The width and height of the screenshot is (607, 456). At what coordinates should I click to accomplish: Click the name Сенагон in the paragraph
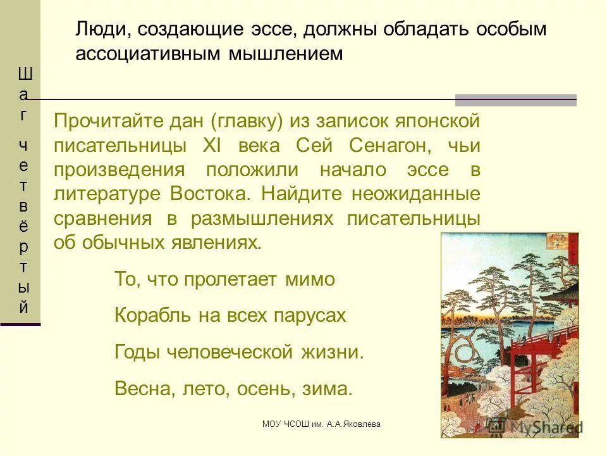tap(388, 145)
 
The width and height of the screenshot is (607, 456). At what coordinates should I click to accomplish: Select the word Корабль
tap(146, 315)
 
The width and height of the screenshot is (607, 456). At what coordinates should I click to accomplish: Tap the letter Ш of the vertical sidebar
tap(24, 74)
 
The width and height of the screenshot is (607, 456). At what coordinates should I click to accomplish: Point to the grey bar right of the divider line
tap(516, 100)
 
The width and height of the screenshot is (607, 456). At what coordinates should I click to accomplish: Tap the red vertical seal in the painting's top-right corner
tap(573, 248)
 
